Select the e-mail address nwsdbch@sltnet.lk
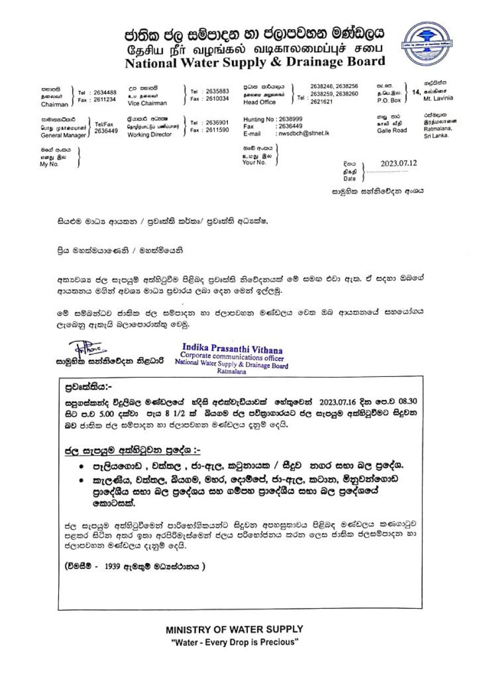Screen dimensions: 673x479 click(x=302, y=133)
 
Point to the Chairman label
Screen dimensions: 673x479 click(x=54, y=104)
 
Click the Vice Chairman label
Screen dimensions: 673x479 click(x=147, y=103)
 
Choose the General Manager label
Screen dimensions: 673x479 click(x=63, y=135)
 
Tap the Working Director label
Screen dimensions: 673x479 click(x=150, y=134)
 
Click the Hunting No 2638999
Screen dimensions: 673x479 click(x=273, y=119)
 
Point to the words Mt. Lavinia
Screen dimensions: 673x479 click(x=438, y=98)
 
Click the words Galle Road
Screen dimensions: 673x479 click(x=392, y=130)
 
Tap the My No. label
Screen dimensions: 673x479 click(x=49, y=164)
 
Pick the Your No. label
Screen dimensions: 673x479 click(x=254, y=162)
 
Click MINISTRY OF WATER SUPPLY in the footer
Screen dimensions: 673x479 click(x=234, y=629)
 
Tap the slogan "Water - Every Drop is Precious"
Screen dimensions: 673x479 click(x=234, y=642)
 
